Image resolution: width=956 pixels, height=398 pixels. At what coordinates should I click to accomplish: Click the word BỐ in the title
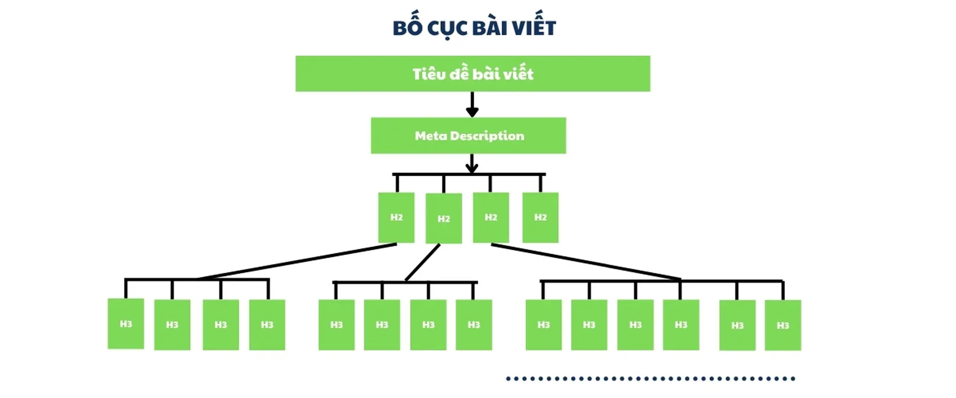[408, 27]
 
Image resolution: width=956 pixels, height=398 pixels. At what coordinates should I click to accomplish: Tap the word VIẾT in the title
[534, 28]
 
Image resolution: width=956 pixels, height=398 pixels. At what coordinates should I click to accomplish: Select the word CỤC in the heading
[446, 28]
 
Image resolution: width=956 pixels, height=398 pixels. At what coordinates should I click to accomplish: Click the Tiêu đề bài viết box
[473, 74]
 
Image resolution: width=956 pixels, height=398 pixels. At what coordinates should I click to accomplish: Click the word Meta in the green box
[431, 136]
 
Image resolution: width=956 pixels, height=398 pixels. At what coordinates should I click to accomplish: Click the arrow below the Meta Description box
[472, 163]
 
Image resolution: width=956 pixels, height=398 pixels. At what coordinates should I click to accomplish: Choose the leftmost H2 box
[396, 217]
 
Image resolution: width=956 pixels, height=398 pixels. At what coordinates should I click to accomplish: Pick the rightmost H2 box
[540, 217]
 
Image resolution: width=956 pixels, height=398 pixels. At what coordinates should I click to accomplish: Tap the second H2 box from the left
[444, 218]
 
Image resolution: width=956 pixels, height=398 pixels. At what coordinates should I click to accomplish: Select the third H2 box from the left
[491, 217]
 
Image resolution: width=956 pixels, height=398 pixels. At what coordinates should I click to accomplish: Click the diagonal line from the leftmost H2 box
[296, 261]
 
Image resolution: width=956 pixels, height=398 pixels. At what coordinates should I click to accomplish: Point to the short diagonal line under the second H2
[423, 262]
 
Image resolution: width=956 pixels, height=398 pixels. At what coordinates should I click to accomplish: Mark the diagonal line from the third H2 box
[586, 261]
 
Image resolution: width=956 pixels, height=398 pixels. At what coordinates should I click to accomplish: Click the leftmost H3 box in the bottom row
[126, 324]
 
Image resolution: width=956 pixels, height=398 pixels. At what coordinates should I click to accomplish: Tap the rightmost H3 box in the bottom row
[782, 325]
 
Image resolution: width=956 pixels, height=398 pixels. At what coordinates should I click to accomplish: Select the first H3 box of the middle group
[337, 325]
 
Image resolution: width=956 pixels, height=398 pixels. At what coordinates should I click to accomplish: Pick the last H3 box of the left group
[267, 325]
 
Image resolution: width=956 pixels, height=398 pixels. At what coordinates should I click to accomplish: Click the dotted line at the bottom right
[650, 379]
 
